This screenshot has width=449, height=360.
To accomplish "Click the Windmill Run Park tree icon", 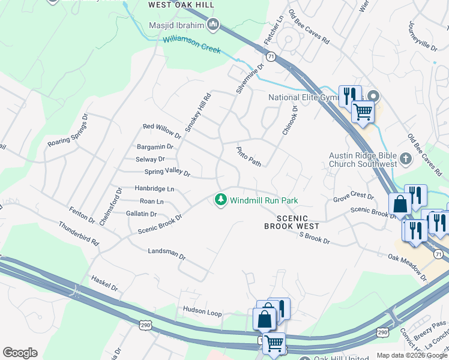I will (x=221, y=200).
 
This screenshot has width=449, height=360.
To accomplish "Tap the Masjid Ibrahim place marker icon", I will (x=212, y=25).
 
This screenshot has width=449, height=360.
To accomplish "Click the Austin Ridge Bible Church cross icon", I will (x=405, y=159).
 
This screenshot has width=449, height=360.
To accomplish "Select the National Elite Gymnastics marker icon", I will (x=373, y=96).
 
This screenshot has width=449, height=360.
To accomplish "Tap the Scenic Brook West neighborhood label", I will (x=292, y=222).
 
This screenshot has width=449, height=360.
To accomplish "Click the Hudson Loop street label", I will (x=202, y=313).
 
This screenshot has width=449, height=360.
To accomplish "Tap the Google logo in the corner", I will (x=20, y=353).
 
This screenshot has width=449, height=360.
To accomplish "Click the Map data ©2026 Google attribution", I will (x=411, y=355).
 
